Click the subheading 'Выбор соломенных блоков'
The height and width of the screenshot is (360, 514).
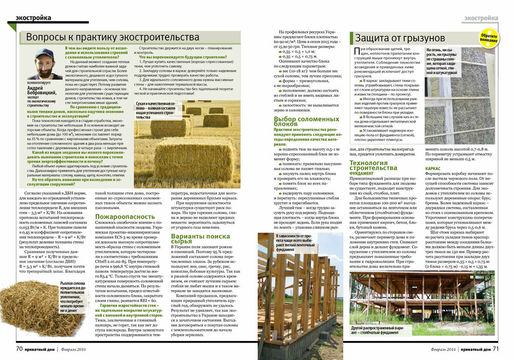pos(299,122)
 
